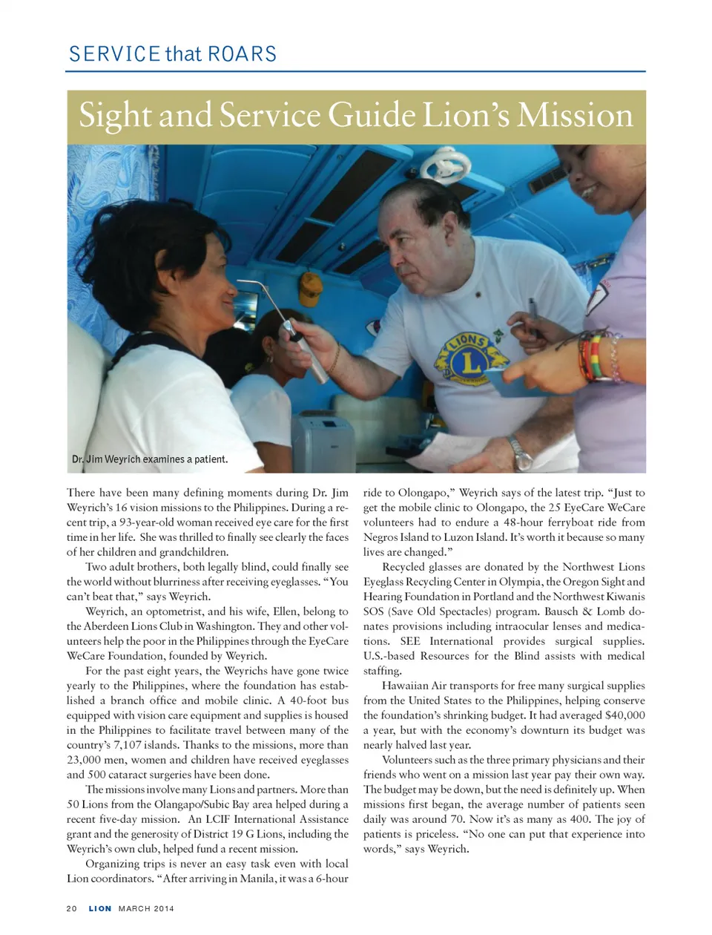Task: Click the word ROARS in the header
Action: tap(242, 54)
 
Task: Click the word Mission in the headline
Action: tap(576, 117)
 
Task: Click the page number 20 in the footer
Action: tap(72, 908)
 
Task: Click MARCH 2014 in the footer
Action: tap(146, 908)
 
